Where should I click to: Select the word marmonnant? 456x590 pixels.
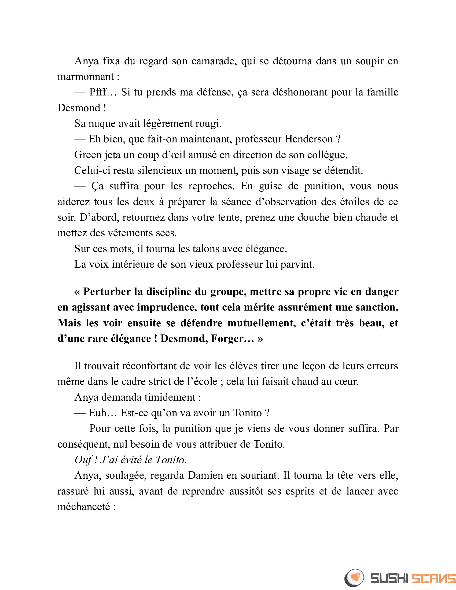85,77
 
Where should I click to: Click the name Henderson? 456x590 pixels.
308,139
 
